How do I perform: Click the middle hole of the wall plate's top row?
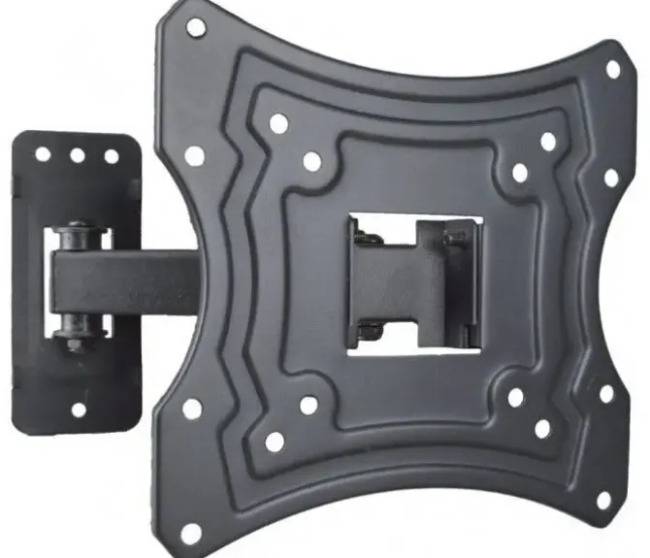point(77,155)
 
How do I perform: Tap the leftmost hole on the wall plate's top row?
point(43,154)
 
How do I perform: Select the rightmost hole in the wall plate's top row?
point(111,156)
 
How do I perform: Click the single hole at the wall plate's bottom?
point(79,409)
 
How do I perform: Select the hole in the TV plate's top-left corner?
point(196,26)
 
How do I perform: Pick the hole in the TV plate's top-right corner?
point(612,70)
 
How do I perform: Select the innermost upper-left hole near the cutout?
point(311,161)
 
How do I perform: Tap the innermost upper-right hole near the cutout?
point(520,173)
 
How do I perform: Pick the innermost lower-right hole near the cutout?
point(515,397)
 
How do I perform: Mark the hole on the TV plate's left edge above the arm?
point(195,155)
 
